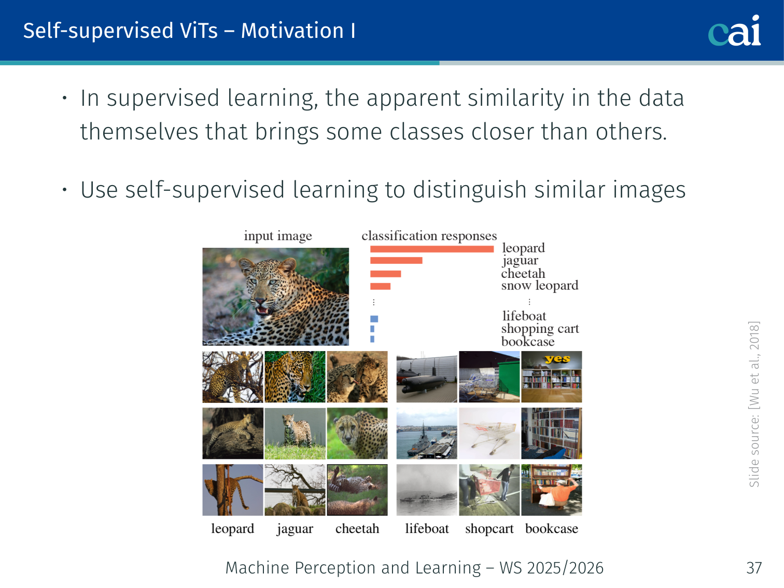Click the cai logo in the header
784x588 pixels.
tap(734, 31)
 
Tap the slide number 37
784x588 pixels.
tap(754, 568)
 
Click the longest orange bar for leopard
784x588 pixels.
tap(432, 249)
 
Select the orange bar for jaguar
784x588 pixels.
tap(396, 261)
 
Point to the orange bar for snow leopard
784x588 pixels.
tap(380, 286)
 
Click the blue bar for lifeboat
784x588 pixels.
tap(374, 319)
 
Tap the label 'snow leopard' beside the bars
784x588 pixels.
tap(539, 286)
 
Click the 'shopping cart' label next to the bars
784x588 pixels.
tap(540, 329)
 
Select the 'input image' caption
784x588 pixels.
tap(278, 236)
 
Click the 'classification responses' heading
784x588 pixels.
tap(429, 235)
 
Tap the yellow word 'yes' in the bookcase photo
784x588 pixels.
tap(557, 359)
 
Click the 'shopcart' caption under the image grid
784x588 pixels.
tap(489, 529)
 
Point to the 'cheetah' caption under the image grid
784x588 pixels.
tap(357, 528)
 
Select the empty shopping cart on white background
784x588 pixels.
tap(490, 435)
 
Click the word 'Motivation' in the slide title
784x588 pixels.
tap(292, 31)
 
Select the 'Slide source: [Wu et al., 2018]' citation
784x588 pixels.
tap(754, 404)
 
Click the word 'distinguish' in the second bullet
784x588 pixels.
tap(469, 190)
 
